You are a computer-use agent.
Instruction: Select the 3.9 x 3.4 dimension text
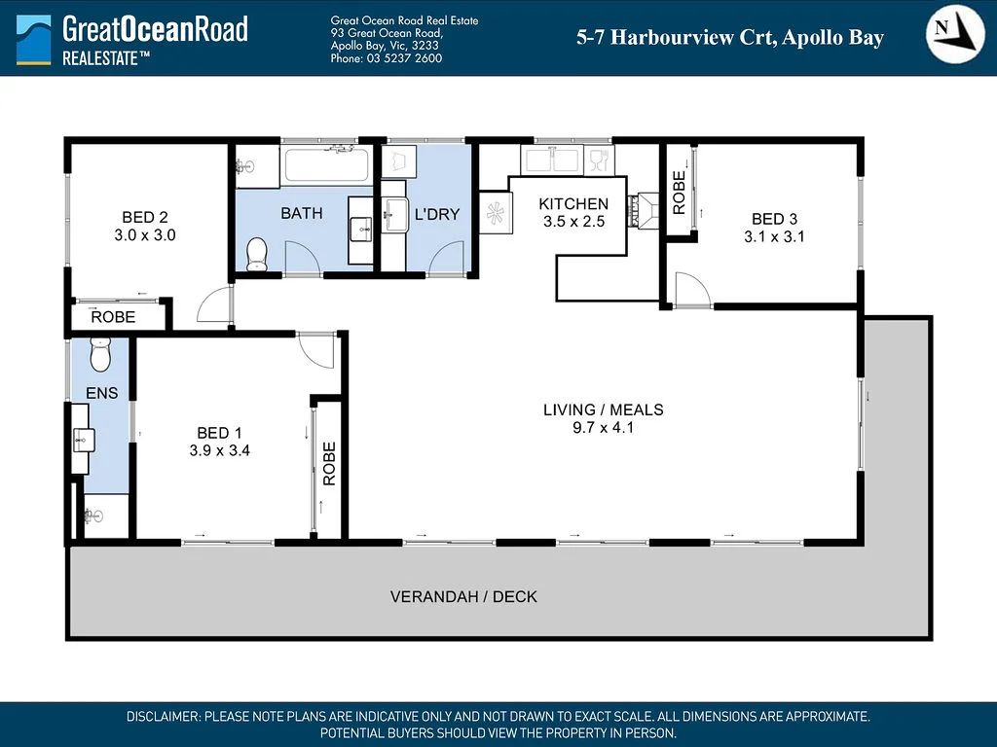pyautogui.click(x=220, y=450)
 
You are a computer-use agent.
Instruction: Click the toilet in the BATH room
pyautogui.click(x=257, y=254)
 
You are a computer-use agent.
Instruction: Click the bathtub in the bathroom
pyautogui.click(x=326, y=164)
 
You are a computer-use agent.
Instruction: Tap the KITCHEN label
pyautogui.click(x=573, y=204)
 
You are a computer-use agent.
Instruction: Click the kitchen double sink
pyautogui.click(x=551, y=159)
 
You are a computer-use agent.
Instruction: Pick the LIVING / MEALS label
pyautogui.click(x=603, y=409)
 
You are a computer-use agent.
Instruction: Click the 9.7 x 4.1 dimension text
pyautogui.click(x=603, y=427)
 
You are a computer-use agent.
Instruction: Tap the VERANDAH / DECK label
pyautogui.click(x=463, y=596)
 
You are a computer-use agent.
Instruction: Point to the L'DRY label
pyautogui.click(x=437, y=214)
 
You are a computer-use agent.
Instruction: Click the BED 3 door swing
pyautogui.click(x=692, y=289)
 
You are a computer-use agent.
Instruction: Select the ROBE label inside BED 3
pyautogui.click(x=680, y=192)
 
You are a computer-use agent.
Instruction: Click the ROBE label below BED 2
pyautogui.click(x=113, y=317)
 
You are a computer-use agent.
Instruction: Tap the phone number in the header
pyautogui.click(x=387, y=58)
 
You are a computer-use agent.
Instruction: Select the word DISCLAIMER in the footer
pyautogui.click(x=163, y=717)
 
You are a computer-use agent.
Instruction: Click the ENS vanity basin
pyautogui.click(x=82, y=441)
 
